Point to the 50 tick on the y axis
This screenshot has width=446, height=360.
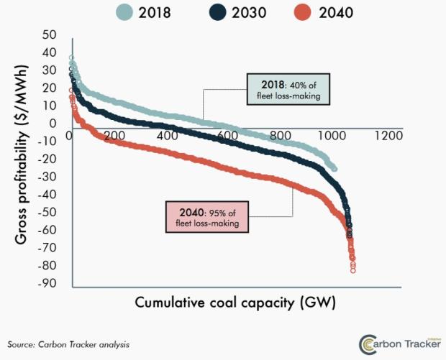point(49,35)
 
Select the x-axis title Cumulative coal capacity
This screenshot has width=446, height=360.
point(235,303)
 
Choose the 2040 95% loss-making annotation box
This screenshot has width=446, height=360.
point(206,217)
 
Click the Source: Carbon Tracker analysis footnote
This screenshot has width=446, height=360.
point(69,344)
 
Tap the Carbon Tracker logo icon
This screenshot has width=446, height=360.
point(368,344)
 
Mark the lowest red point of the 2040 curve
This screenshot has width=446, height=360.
point(353,270)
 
